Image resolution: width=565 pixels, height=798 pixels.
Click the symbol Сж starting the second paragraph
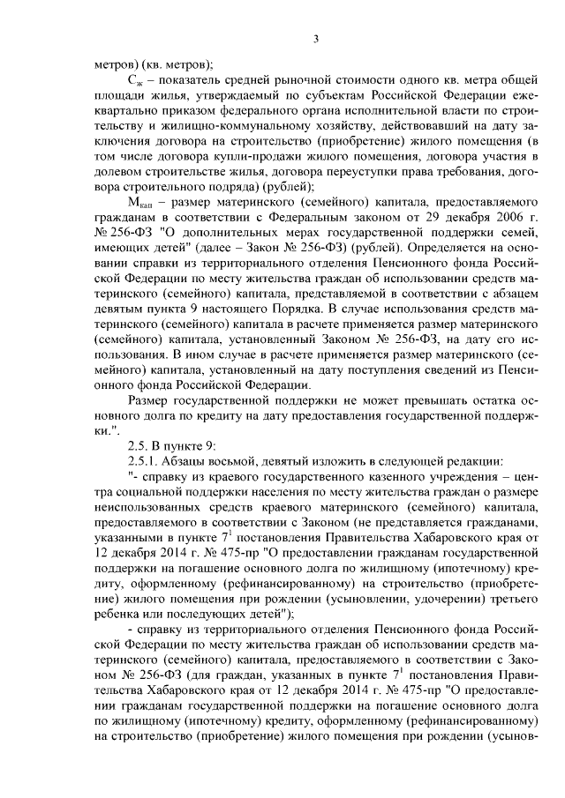tap(134, 80)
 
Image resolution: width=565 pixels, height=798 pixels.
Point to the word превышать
tap(375, 400)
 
